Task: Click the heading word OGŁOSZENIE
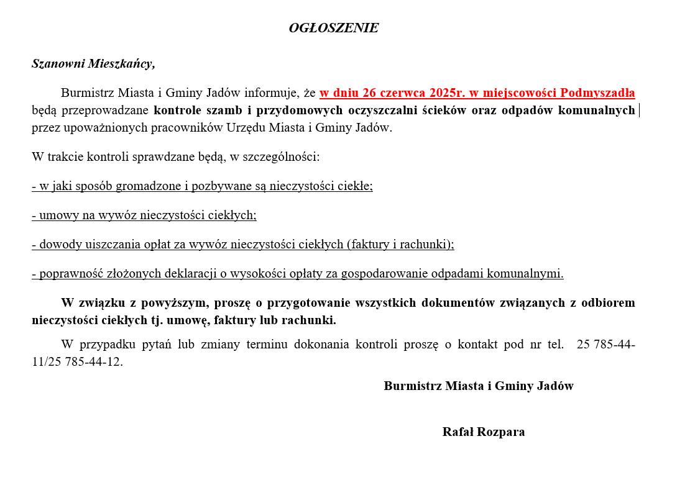(x=333, y=28)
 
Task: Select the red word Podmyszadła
(x=597, y=93)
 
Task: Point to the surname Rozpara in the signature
(x=500, y=432)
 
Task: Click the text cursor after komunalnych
(x=640, y=111)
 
